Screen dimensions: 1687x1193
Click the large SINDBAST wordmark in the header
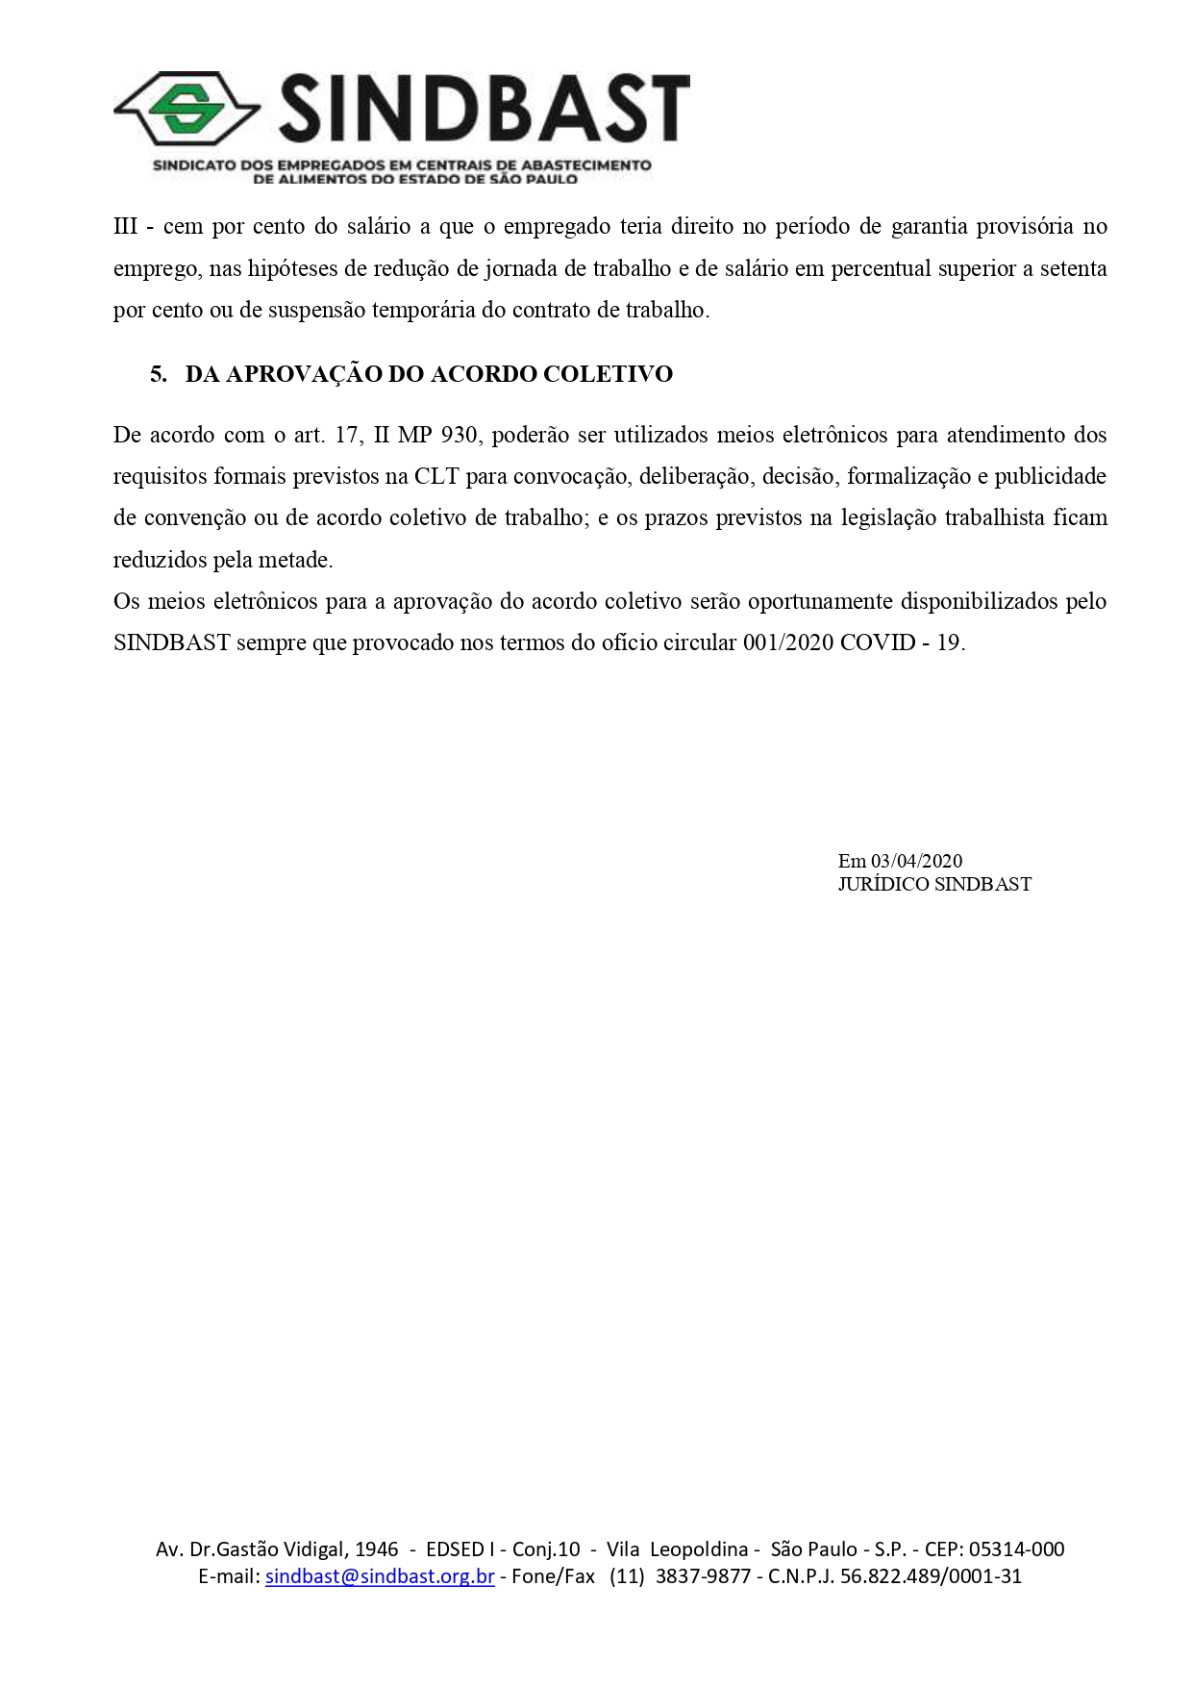coord(485,110)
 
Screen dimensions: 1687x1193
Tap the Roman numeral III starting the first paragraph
coord(125,227)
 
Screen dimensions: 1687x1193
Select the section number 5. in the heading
coord(159,374)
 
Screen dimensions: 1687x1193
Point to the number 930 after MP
coord(459,435)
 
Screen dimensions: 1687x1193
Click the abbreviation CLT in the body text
coord(436,476)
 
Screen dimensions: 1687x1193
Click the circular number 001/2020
coord(787,642)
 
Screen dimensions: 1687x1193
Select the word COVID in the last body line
coord(878,642)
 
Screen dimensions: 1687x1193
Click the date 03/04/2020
coord(916,861)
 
